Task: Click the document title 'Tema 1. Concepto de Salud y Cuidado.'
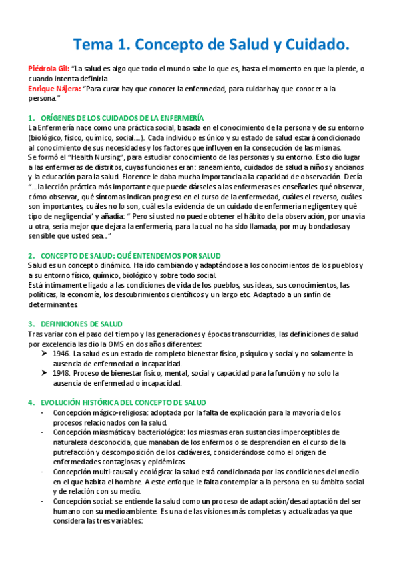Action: [210, 45]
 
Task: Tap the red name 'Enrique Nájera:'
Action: [55, 89]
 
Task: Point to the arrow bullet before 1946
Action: [45, 354]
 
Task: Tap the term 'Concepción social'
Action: [79, 502]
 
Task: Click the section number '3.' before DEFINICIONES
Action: [31, 324]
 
